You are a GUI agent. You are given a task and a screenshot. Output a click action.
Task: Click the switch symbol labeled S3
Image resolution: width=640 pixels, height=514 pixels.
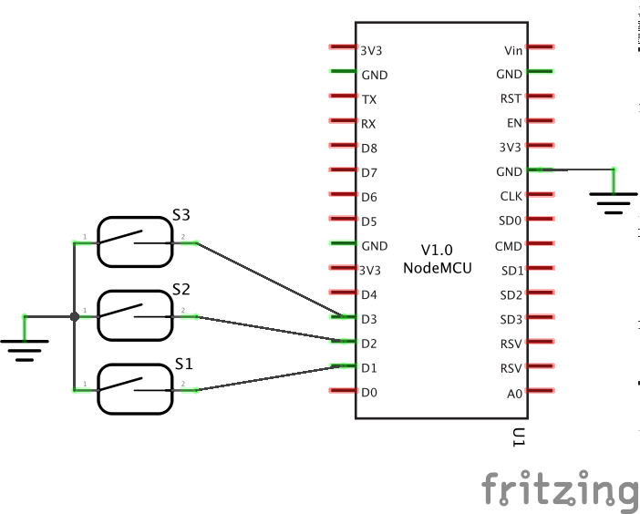click(135, 242)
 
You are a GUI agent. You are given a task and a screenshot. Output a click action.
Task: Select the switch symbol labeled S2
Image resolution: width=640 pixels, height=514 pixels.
click(135, 316)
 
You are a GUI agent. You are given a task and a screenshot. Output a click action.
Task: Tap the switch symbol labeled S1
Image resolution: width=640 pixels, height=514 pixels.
click(135, 389)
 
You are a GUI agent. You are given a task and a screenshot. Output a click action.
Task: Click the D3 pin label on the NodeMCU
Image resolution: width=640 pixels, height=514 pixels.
click(369, 319)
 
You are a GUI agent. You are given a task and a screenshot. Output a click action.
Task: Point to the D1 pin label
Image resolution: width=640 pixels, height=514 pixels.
click(369, 368)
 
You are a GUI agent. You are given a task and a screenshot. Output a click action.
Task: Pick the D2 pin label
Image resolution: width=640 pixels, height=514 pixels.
click(369, 344)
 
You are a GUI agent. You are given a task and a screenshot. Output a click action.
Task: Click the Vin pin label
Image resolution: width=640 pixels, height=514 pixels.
click(512, 50)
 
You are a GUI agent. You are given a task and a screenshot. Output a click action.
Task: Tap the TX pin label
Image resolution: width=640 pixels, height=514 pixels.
click(369, 99)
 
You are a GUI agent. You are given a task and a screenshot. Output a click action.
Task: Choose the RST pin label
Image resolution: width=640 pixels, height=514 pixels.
click(511, 99)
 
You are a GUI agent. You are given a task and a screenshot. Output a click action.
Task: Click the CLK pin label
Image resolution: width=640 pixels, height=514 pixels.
click(511, 196)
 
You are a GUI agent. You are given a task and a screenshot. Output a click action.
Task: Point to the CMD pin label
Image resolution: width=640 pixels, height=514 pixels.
click(509, 246)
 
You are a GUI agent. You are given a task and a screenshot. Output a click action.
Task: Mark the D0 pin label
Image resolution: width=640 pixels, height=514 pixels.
click(369, 393)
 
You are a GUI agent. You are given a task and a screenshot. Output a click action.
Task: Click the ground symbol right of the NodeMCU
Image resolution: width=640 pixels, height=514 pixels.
click(614, 200)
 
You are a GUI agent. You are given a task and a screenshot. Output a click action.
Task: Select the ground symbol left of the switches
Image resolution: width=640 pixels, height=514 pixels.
click(25, 347)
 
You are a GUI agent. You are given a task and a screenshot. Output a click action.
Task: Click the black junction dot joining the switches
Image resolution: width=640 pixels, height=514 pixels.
click(74, 317)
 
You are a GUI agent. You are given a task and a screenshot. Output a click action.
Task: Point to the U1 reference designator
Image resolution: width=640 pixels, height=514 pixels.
click(519, 438)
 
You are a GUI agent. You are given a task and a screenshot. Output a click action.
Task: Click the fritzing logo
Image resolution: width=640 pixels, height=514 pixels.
click(559, 490)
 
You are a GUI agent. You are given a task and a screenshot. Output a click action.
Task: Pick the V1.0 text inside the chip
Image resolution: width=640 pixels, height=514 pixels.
click(437, 250)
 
